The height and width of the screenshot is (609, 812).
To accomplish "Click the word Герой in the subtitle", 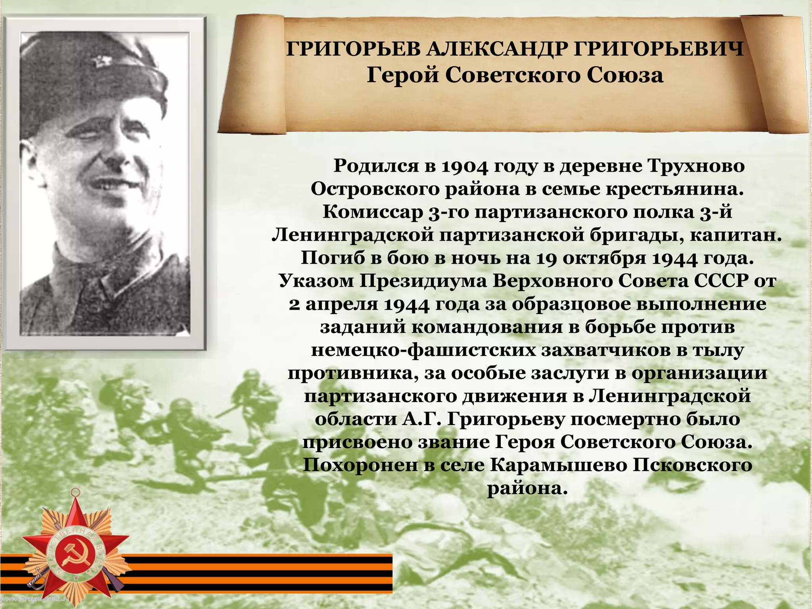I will pyautogui.click(x=402, y=75).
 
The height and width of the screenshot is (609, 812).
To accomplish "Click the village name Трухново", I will pyautogui.click(x=696, y=166).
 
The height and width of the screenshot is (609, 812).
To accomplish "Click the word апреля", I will pyautogui.click(x=342, y=304).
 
